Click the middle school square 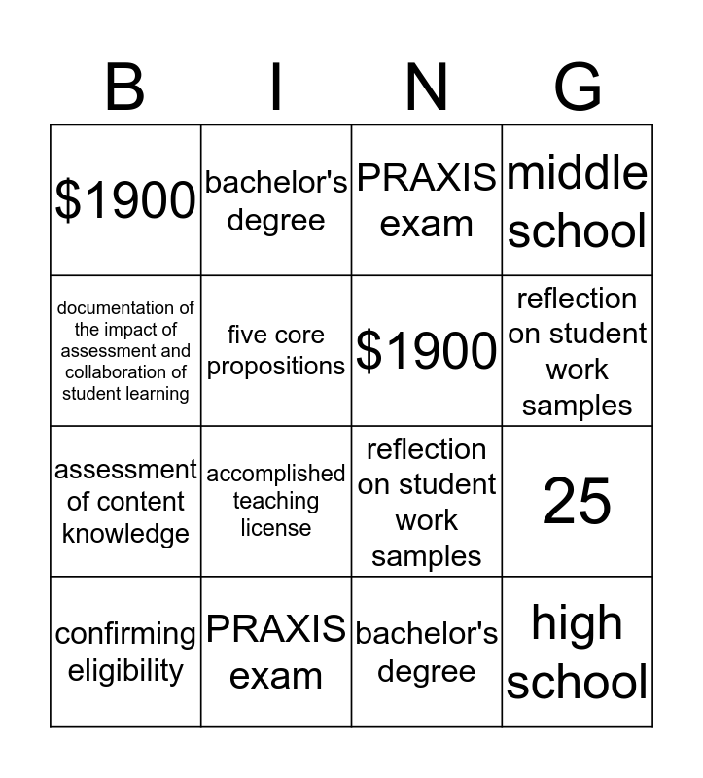pyautogui.click(x=578, y=200)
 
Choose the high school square pyautogui.click(x=578, y=652)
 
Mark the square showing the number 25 pyautogui.click(x=578, y=502)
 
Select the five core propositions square pyautogui.click(x=276, y=351)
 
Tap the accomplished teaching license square pyautogui.click(x=276, y=502)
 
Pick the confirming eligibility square pyautogui.click(x=125, y=652)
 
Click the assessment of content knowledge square pyautogui.click(x=125, y=502)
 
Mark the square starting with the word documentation pyautogui.click(x=125, y=351)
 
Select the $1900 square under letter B pyautogui.click(x=125, y=200)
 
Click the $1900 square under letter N pyautogui.click(x=427, y=351)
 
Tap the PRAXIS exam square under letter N pyautogui.click(x=427, y=200)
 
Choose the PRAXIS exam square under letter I pyautogui.click(x=276, y=652)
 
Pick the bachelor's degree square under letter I pyautogui.click(x=276, y=200)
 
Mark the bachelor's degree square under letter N pyautogui.click(x=427, y=652)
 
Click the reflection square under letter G pyautogui.click(x=578, y=351)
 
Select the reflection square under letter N pyautogui.click(x=427, y=502)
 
